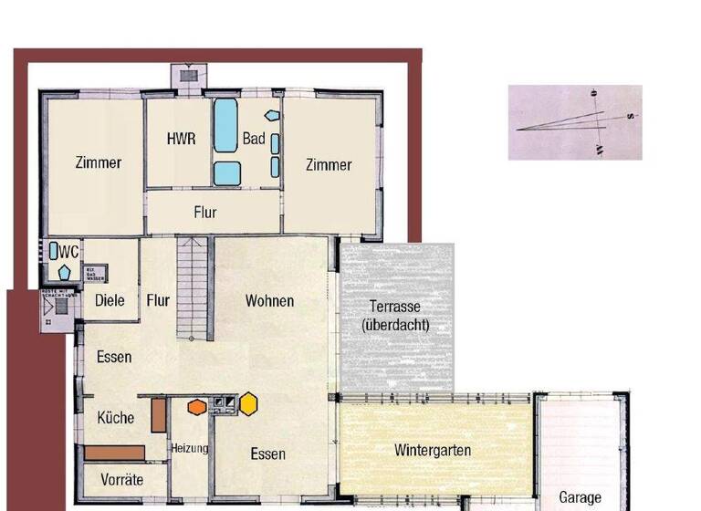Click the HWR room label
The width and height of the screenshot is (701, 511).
tap(182, 140)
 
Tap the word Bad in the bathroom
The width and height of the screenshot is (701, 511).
tap(253, 140)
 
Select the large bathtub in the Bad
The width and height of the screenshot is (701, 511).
tap(225, 124)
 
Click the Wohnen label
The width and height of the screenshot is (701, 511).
tap(269, 300)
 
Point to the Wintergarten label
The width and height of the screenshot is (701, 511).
tap(433, 450)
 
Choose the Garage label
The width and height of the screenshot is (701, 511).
tap(580, 497)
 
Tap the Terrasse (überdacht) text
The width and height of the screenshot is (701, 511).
tap(395, 315)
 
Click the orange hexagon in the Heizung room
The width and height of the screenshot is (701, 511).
tap(196, 406)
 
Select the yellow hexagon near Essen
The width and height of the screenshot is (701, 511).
tap(248, 402)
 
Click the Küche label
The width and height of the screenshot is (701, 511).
tap(116, 418)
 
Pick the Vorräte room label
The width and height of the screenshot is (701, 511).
tap(122, 479)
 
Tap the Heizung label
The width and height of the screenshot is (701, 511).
tap(190, 448)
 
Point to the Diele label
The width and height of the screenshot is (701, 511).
tap(110, 300)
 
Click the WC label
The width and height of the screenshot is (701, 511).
tap(69, 250)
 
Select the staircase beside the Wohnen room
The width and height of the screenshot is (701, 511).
tap(194, 285)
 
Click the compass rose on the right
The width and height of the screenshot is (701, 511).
tap(575, 121)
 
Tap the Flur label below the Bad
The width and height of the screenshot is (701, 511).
tap(205, 213)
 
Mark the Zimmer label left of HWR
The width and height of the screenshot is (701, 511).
tap(99, 163)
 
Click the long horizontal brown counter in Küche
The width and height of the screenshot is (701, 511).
tap(115, 452)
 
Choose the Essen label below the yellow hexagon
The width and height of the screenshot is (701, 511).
tap(267, 454)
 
